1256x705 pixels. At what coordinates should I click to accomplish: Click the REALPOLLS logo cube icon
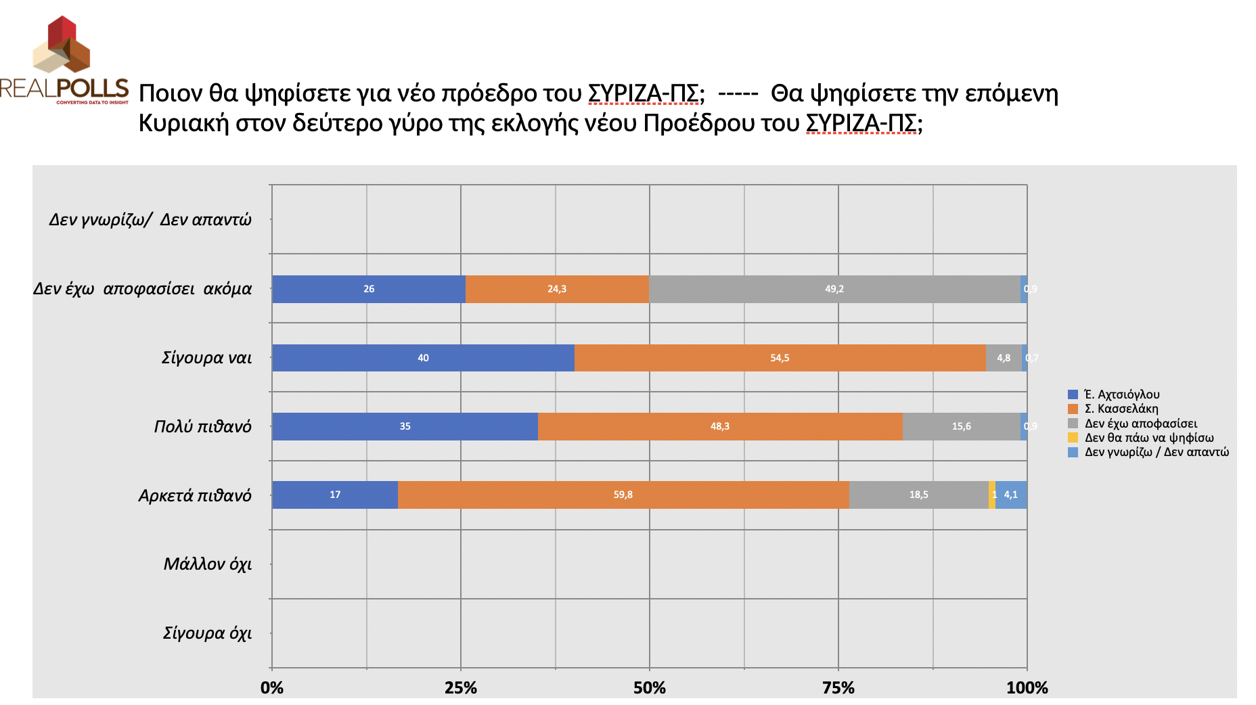62,45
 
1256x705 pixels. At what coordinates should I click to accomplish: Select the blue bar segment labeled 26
369,289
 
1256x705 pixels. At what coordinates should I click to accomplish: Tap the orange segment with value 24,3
557,289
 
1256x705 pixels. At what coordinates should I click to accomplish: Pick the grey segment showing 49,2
834,289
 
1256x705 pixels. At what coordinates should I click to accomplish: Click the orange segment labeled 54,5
780,358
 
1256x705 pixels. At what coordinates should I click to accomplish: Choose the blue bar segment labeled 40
423,358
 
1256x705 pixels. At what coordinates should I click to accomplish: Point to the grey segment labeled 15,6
961,426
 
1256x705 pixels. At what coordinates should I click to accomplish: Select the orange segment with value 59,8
623,495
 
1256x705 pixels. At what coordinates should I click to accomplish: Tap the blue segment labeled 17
335,495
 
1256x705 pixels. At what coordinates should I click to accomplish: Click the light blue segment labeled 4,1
1011,495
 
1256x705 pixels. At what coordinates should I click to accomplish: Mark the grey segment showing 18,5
918,495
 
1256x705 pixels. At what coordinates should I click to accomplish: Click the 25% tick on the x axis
461,688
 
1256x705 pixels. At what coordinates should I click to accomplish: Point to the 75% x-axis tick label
838,688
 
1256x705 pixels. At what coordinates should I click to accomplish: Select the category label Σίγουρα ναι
206,358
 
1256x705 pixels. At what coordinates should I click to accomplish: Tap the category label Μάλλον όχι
207,564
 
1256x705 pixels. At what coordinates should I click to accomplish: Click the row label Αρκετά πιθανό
195,495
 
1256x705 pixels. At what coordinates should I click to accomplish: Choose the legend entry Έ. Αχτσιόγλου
1121,394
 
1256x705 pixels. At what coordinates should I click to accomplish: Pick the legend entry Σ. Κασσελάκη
1121,409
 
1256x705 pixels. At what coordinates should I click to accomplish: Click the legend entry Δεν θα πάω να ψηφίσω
1148,438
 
